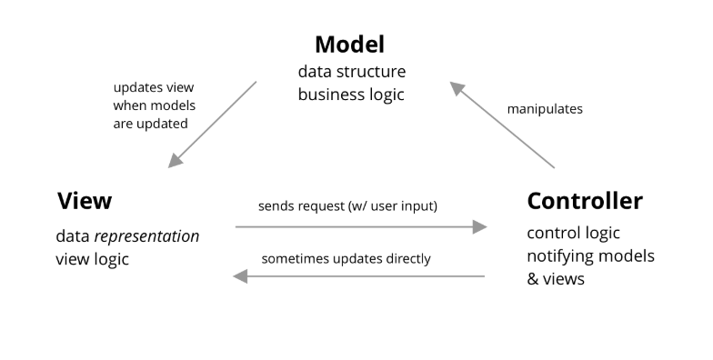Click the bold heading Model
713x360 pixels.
pyautogui.click(x=350, y=44)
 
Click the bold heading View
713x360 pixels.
pyautogui.click(x=85, y=200)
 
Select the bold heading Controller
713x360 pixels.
pyautogui.click(x=585, y=200)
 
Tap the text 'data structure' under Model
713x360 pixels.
pyautogui.click(x=352, y=71)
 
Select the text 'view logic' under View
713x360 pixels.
pyautogui.click(x=93, y=258)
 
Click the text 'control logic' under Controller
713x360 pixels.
pyautogui.click(x=574, y=233)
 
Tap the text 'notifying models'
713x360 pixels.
pyautogui.click(x=590, y=255)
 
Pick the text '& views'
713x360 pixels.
pyautogui.click(x=556, y=278)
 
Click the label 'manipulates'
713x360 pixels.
pyautogui.click(x=545, y=109)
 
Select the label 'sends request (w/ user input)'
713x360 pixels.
pyautogui.click(x=349, y=205)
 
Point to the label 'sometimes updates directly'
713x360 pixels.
pyautogui.click(x=346, y=258)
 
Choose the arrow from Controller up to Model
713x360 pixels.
pyautogui.click(x=502, y=125)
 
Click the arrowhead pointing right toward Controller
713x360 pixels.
pyautogui.click(x=480, y=227)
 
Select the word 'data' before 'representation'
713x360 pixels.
pyautogui.click(x=71, y=236)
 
